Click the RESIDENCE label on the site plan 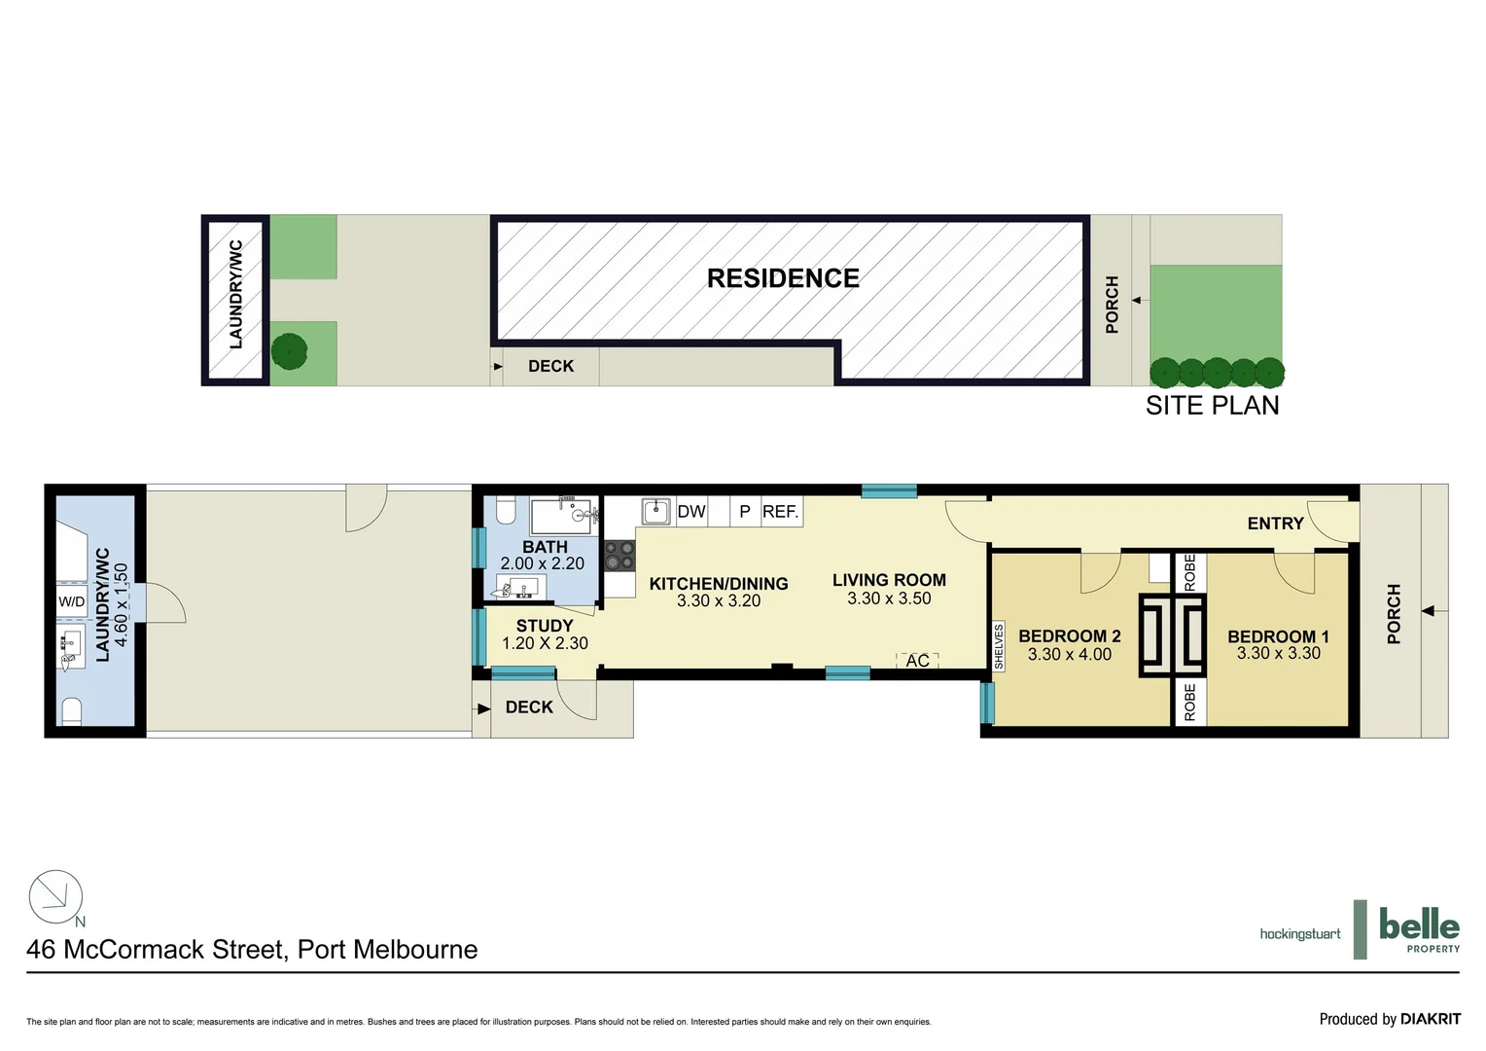(783, 278)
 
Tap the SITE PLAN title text (1212, 406)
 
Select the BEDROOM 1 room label (1278, 636)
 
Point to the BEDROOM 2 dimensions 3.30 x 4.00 (1069, 655)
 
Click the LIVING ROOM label (889, 580)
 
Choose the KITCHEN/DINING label (719, 584)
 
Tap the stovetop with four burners (619, 556)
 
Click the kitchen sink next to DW (656, 511)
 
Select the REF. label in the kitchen (780, 512)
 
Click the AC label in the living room (917, 661)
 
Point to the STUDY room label (545, 626)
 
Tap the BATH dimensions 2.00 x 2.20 (543, 563)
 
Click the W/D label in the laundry (72, 601)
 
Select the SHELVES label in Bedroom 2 (999, 647)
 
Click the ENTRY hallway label (1275, 524)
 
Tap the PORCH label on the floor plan (1394, 614)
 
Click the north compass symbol (55, 897)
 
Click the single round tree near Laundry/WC (289, 351)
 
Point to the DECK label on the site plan (550, 366)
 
